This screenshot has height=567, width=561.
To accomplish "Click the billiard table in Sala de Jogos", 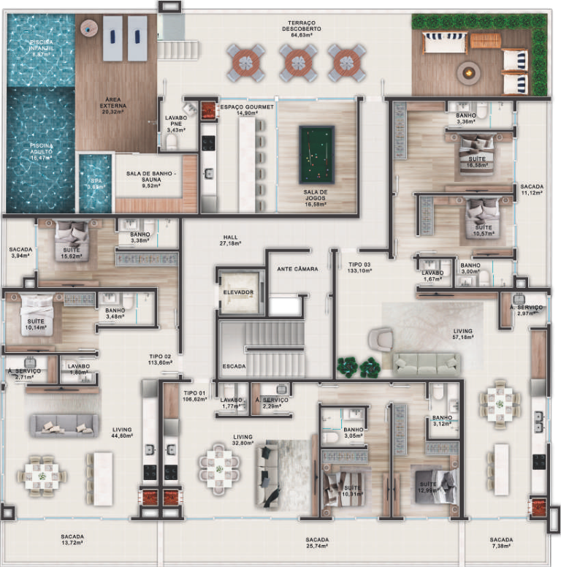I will point(316,155).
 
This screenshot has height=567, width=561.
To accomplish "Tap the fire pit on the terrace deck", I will point(467,72).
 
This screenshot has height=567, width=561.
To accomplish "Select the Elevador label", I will point(238,292).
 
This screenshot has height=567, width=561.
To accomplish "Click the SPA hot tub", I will point(95,183).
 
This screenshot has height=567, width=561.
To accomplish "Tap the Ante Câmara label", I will point(297,269).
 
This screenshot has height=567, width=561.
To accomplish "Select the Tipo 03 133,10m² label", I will point(359,267).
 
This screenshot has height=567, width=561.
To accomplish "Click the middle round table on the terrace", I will point(297,64).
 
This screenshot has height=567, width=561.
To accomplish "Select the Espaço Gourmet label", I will point(247,110).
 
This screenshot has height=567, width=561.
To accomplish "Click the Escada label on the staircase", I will point(234,365).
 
